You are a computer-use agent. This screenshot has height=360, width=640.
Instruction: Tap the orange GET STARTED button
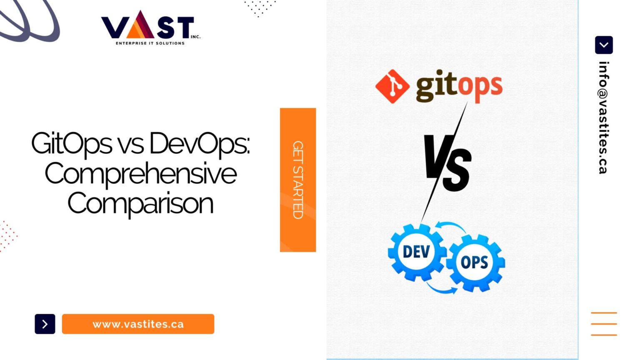pyautogui.click(x=297, y=180)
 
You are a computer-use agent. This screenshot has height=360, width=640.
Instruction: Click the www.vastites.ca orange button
pyautogui.click(x=138, y=324)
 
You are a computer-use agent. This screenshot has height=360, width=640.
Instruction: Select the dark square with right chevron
pyautogui.click(x=45, y=324)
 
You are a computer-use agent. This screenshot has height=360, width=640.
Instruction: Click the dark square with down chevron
pyautogui.click(x=604, y=45)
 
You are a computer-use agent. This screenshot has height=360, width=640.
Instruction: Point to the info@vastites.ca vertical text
pyautogui.click(x=603, y=117)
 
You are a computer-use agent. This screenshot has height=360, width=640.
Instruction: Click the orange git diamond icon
pyautogui.click(x=392, y=86)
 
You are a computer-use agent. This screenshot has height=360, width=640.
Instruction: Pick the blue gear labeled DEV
pyautogui.click(x=416, y=252)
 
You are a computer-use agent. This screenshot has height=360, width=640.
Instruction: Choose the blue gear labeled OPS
pyautogui.click(x=475, y=262)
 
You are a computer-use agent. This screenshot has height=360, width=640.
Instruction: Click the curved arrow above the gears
pyautogui.click(x=451, y=227)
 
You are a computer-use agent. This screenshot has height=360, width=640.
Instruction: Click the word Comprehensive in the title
pyautogui.click(x=140, y=174)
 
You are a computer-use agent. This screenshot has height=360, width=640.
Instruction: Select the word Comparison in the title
pyautogui.click(x=140, y=204)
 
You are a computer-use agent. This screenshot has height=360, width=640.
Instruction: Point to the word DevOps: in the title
pyautogui.click(x=200, y=144)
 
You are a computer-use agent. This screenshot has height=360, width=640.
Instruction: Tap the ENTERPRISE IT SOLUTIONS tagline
pyautogui.click(x=150, y=43)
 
